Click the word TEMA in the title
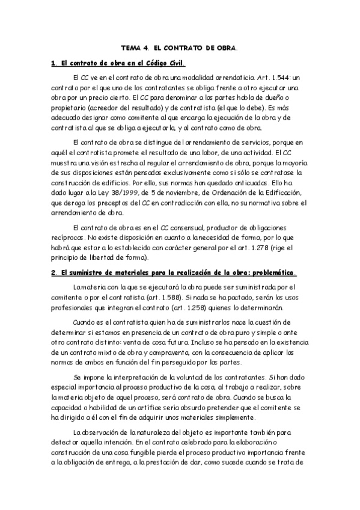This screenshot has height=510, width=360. coord(130,46)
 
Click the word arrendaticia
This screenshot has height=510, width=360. coord(222,78)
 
